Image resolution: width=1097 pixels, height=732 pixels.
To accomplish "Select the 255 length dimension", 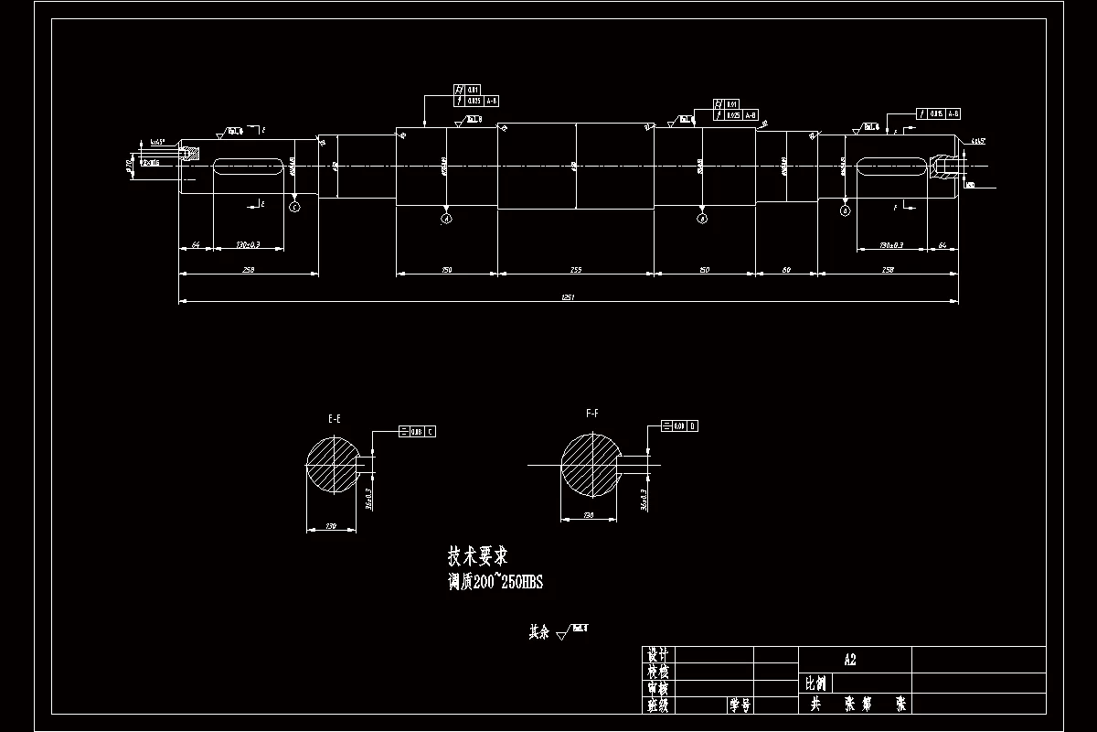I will point(576,270).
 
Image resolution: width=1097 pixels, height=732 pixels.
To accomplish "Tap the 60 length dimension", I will point(786,270).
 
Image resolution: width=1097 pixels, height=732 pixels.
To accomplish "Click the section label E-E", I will point(335,418).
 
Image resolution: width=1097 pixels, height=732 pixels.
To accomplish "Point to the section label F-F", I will point(592,414).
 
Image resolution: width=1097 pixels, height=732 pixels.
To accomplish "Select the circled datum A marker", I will point(446,219).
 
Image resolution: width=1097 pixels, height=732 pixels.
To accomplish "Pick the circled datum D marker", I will point(845,210).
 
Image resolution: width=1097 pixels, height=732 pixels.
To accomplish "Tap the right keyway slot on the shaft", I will point(891,166).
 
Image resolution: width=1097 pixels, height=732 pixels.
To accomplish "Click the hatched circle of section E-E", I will point(334,464).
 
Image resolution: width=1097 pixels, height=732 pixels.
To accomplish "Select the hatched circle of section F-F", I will point(591,464).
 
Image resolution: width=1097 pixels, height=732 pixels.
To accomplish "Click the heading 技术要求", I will point(478,555).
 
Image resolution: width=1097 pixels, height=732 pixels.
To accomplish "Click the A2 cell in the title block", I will point(850,659).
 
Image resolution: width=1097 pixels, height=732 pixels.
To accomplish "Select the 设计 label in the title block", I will point(658,655).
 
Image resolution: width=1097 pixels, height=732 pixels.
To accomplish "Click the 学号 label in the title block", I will point(740,705).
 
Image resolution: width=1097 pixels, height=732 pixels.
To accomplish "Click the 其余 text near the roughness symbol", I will point(538,631).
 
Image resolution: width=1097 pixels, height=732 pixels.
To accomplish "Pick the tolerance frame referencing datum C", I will point(418,431).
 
